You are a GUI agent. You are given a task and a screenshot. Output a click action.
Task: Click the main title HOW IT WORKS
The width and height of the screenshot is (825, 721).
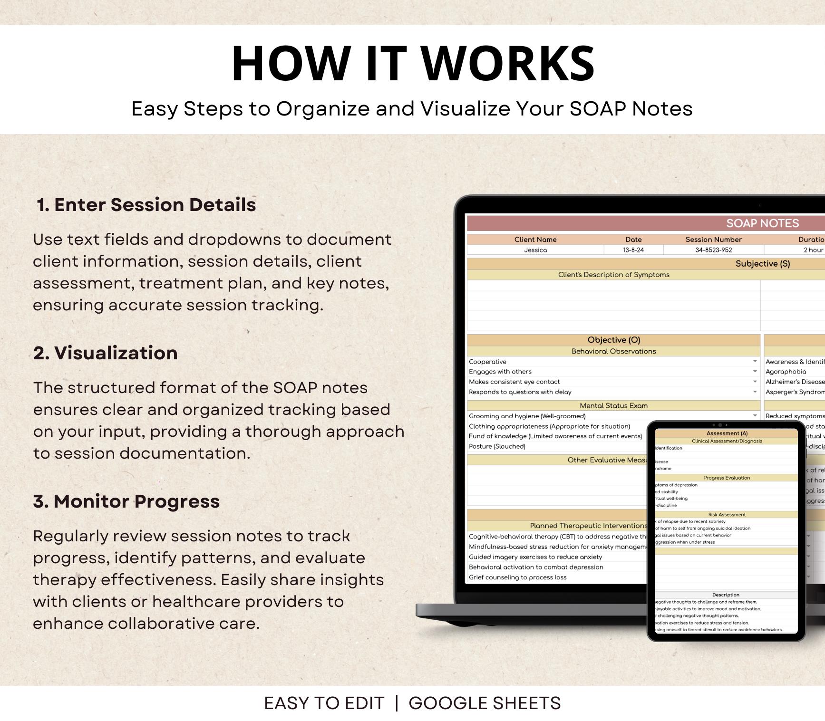[x=413, y=64]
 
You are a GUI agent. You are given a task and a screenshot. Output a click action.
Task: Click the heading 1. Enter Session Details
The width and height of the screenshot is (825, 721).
[x=146, y=205]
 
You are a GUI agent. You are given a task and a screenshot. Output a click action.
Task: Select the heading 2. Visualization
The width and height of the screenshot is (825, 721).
[x=106, y=353]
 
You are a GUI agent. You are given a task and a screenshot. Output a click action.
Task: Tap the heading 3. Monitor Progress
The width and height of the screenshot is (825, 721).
[x=126, y=501]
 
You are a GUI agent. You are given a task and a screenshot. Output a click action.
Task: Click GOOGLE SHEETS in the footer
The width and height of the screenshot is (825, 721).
[x=485, y=703]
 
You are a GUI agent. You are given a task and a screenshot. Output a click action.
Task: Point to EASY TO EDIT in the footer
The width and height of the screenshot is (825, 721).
[x=324, y=703]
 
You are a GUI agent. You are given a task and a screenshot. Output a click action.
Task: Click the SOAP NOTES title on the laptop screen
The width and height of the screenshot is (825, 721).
[x=762, y=223]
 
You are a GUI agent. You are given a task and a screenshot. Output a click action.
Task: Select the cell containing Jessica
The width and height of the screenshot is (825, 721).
[x=535, y=250]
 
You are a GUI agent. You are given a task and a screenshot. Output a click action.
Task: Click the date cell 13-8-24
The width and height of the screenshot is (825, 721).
[x=633, y=250]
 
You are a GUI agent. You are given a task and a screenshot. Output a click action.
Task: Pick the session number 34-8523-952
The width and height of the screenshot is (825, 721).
[x=713, y=250]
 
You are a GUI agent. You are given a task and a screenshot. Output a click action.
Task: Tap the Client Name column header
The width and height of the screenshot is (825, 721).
[x=535, y=240]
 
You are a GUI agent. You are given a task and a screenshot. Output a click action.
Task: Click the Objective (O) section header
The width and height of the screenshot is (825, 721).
[x=613, y=340]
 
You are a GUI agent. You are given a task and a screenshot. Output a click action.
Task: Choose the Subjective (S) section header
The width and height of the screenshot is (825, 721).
[x=762, y=264]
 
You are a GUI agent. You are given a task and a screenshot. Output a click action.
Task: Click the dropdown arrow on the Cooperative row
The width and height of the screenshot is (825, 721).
[x=755, y=362]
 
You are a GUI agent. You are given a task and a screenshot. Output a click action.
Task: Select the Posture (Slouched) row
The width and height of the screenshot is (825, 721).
[x=497, y=446]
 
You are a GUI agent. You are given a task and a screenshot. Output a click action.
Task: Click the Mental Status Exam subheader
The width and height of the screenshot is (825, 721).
[x=613, y=405]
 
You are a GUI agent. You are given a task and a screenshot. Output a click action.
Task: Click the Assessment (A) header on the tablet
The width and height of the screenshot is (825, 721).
[x=727, y=433]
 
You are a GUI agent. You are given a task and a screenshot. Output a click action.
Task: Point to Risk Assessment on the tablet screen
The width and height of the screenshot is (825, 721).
[x=727, y=515]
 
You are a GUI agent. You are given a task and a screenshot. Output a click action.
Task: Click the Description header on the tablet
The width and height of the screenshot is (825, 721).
[x=726, y=595]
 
